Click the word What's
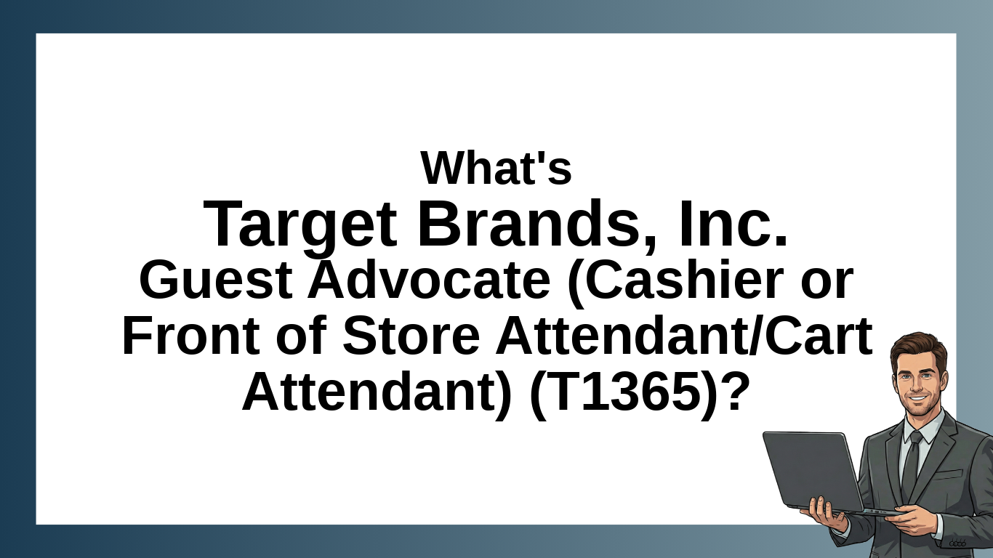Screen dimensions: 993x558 click(496, 168)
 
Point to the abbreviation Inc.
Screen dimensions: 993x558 click(733, 224)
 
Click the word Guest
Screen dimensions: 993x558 click(216, 280)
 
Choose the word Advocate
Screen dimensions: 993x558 click(429, 280)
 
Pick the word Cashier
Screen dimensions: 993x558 click(675, 281)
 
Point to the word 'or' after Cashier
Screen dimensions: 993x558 click(827, 286)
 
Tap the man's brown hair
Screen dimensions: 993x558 click(920, 351)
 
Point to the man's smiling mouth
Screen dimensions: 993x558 click(918, 398)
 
